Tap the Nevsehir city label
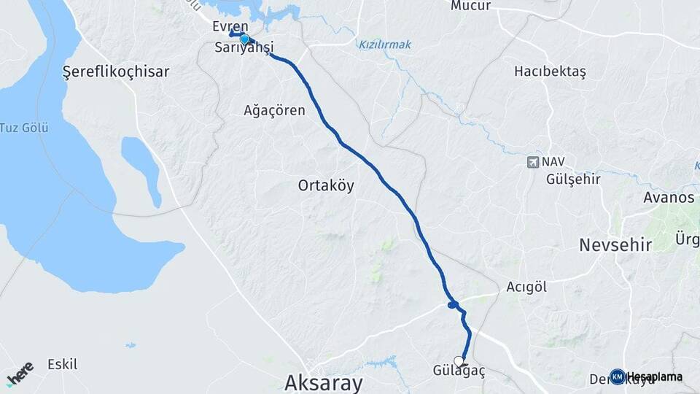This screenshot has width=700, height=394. pyautogui.click(x=615, y=245)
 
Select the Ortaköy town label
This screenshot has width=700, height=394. pyautogui.click(x=326, y=185)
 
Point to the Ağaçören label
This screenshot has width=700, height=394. pyautogui.click(x=274, y=111)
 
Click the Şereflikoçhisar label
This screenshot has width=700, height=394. pyautogui.click(x=116, y=72)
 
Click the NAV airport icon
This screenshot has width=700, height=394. pyautogui.click(x=534, y=161)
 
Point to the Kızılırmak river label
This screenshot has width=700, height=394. pyautogui.click(x=385, y=45)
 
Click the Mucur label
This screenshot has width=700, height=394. pyautogui.click(x=470, y=6)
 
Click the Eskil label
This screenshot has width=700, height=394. pyautogui.click(x=62, y=363)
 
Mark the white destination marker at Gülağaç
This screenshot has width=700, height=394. pyautogui.click(x=459, y=360)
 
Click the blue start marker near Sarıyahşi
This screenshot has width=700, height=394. pyautogui.click(x=245, y=40)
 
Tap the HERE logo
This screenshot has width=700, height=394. pyautogui.click(x=20, y=373)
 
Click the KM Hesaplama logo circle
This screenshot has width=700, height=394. pyautogui.click(x=618, y=376)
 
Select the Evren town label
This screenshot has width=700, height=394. pyautogui.click(x=230, y=26)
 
